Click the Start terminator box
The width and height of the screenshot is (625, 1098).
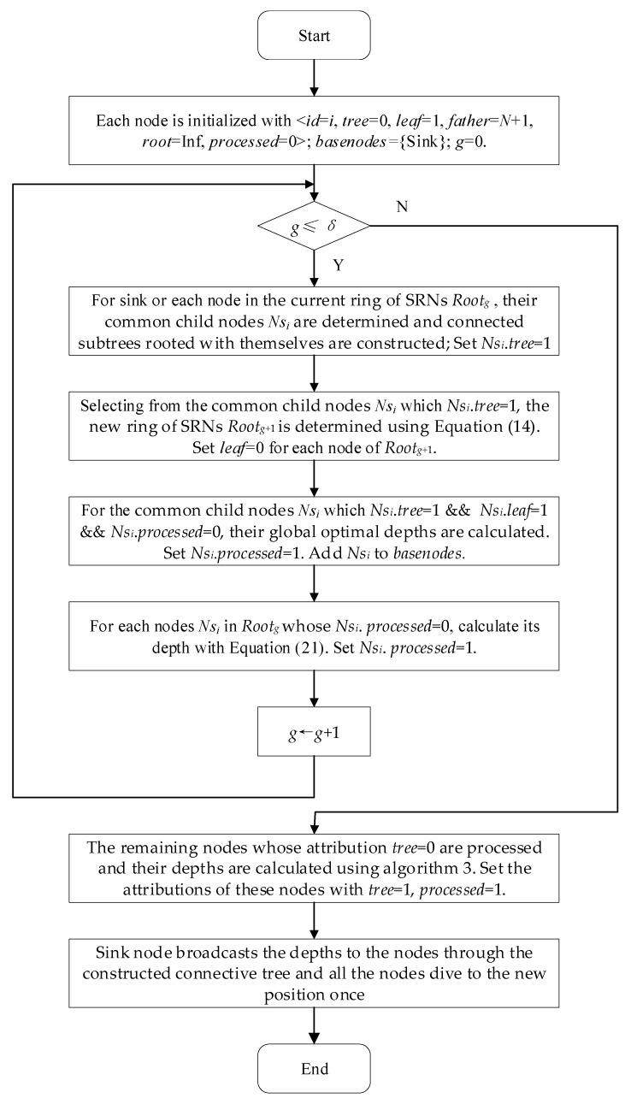(315, 35)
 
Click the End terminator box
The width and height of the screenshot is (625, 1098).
(315, 1068)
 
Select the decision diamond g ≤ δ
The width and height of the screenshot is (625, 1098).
(315, 227)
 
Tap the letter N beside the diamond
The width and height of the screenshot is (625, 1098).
(401, 206)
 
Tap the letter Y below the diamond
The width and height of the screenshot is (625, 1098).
(339, 265)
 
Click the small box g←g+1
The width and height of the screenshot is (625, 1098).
(315, 731)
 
